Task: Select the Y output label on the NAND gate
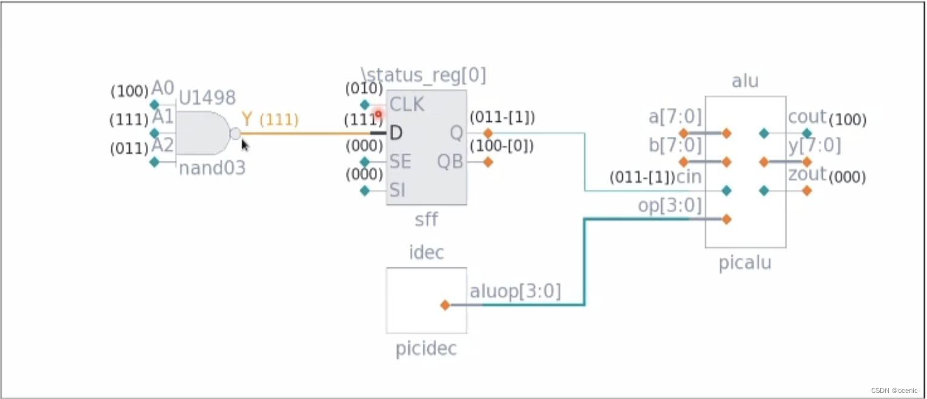(247, 119)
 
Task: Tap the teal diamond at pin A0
(154, 104)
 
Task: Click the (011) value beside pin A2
(129, 149)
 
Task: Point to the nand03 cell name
(212, 168)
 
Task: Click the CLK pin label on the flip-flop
(407, 104)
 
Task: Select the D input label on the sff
(396, 133)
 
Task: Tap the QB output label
(450, 161)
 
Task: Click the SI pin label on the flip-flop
(397, 190)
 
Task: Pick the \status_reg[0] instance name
(423, 76)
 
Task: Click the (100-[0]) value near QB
(502, 146)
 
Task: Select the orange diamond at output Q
(488, 133)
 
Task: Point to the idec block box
(426, 300)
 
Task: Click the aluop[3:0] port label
(515, 292)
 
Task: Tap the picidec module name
(426, 350)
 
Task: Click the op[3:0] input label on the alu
(669, 206)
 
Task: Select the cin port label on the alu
(689, 178)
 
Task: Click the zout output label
(807, 175)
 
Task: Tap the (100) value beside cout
(847, 120)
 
